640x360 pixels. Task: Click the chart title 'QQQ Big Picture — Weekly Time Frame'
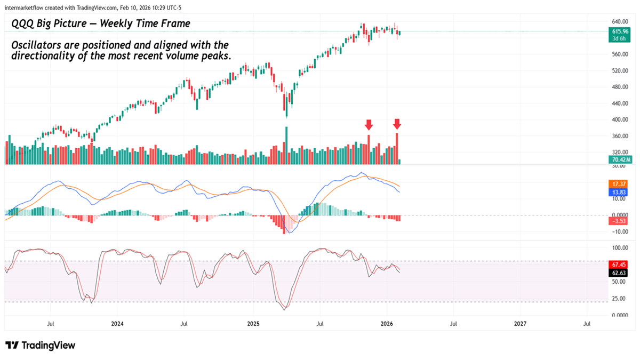(x=101, y=24)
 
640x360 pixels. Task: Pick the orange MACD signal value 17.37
(x=619, y=183)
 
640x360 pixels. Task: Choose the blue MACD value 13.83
(x=619, y=191)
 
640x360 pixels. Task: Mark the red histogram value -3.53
(x=619, y=220)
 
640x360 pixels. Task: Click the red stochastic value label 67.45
(x=619, y=265)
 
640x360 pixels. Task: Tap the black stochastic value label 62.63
(x=619, y=273)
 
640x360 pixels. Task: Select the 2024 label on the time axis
(x=117, y=324)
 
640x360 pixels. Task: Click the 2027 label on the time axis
(x=520, y=324)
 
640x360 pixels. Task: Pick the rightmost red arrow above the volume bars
(x=397, y=124)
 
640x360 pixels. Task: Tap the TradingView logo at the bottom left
(x=41, y=345)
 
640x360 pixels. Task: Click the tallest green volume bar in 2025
(x=286, y=146)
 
